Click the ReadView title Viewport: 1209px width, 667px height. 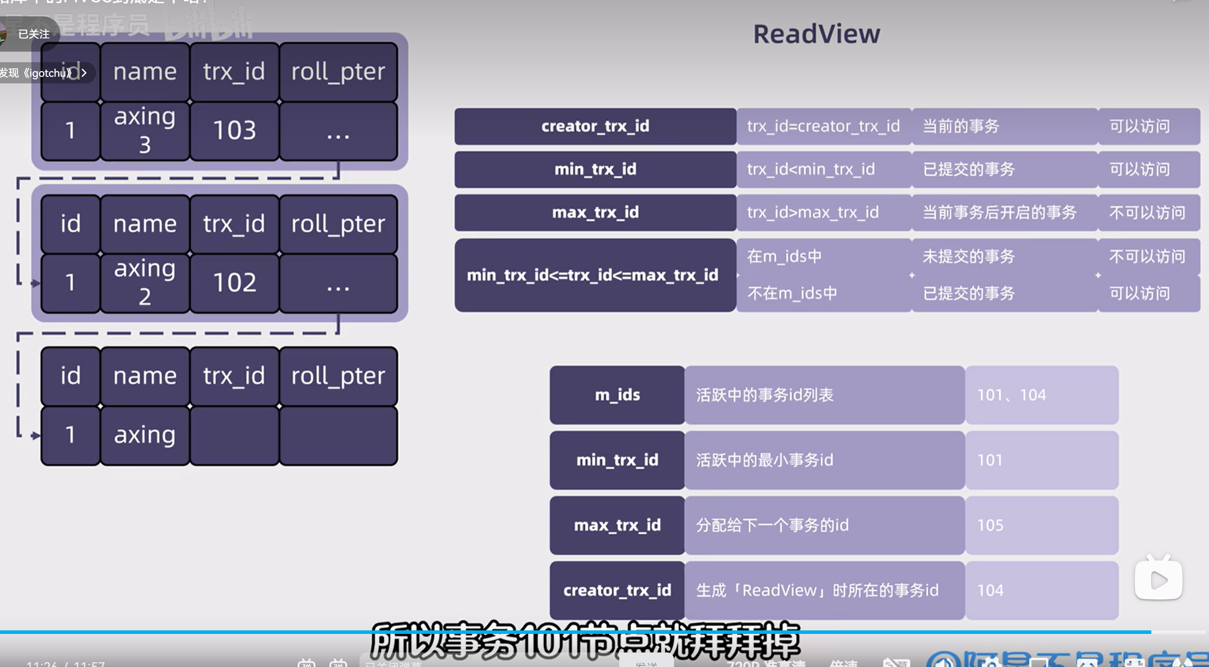[816, 34]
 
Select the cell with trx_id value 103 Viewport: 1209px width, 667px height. [235, 131]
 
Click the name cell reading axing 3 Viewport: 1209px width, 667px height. [145, 131]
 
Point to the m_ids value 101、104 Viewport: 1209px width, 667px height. [1011, 395]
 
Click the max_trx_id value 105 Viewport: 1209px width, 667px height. [990, 525]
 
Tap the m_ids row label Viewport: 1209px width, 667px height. [617, 395]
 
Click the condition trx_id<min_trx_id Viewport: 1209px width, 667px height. [811, 169]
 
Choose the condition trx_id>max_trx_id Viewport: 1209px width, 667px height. [813, 213]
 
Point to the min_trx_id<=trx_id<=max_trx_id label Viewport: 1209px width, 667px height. [593, 275]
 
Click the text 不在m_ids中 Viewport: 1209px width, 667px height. [792, 294]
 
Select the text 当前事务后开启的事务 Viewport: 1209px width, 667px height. [999, 213]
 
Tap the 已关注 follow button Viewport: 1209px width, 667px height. [34, 34]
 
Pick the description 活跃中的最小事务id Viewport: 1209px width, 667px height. [764, 460]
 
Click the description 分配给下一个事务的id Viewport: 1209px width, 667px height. [772, 525]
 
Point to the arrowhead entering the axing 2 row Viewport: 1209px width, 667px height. [36, 284]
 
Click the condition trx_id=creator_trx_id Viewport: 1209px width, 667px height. [823, 126]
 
